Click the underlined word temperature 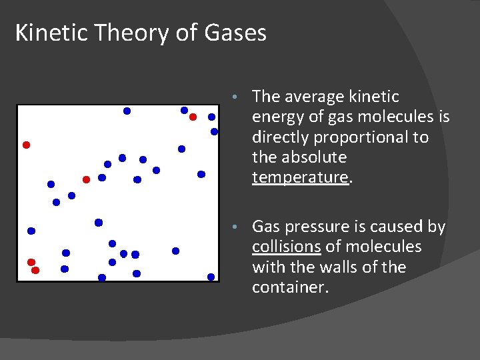(300, 177)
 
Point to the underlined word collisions (286, 247)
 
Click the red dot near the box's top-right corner (193, 117)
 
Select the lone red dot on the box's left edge (26, 145)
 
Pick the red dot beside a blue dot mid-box (86, 179)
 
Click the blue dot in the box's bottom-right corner (211, 277)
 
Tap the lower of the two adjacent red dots (35, 270)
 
